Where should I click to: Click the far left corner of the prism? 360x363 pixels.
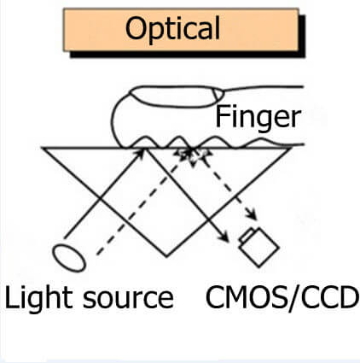coord(43,148)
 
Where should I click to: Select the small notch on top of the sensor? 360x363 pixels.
coord(249,232)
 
